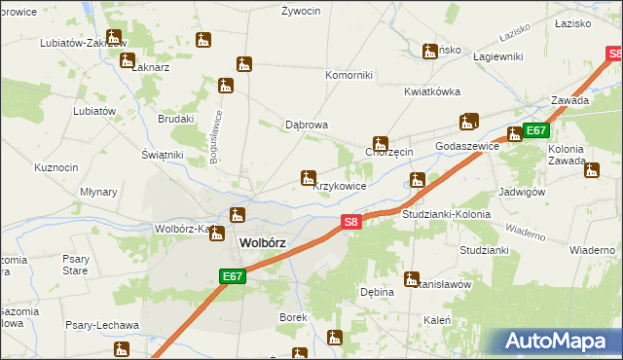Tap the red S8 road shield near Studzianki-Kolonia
coord(353,223)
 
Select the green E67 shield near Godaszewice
coord(536,130)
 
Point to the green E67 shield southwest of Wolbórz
coord(231,277)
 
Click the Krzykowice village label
coord(340,186)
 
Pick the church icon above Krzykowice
coord(308,177)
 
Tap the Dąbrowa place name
coord(306,126)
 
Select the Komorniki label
coord(348,75)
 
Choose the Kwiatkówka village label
coord(432,92)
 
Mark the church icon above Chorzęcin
coord(381,143)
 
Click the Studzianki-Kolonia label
coord(446,213)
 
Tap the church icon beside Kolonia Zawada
coord(591,171)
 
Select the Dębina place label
coord(377,291)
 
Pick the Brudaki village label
coord(176,119)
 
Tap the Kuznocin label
coord(55,167)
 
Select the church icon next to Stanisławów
coord(412,278)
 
